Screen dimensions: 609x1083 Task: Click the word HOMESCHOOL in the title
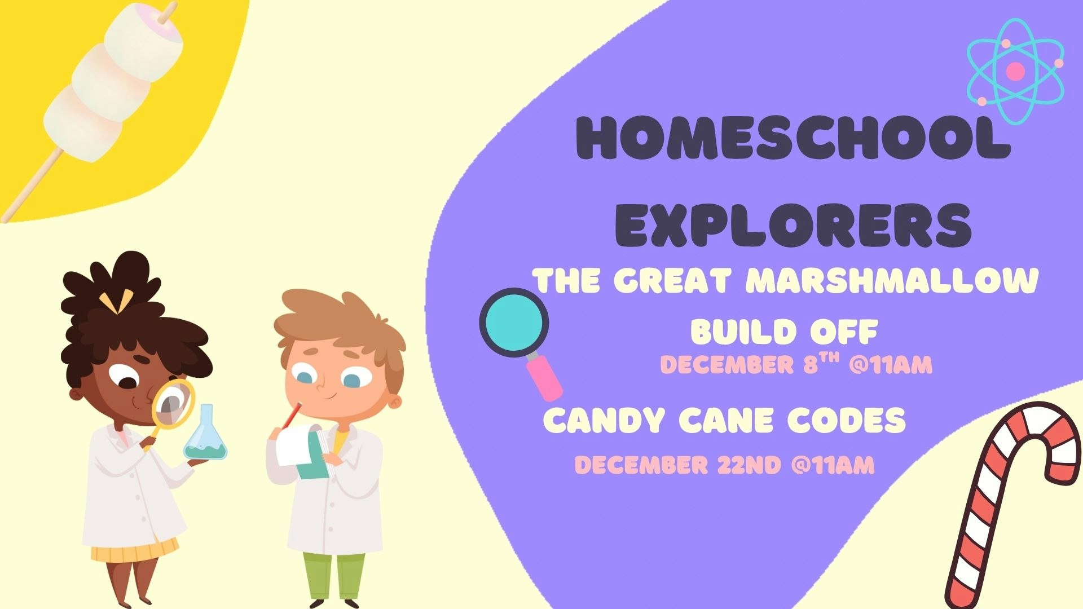click(792, 138)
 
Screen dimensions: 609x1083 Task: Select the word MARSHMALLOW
click(895, 281)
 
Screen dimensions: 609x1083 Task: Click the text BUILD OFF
click(784, 332)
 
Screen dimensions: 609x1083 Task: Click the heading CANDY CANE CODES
click(724, 421)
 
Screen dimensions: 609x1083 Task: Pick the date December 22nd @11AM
click(724, 465)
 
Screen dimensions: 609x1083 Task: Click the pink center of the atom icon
click(1015, 71)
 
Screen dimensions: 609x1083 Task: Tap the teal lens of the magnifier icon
click(513, 322)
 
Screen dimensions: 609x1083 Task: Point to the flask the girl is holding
click(205, 437)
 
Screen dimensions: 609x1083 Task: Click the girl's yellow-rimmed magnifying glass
click(172, 403)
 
